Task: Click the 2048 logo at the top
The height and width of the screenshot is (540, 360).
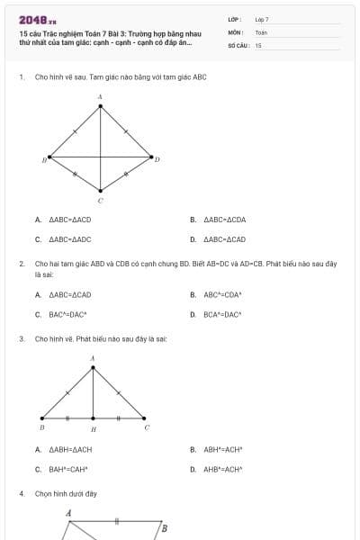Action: click(37, 19)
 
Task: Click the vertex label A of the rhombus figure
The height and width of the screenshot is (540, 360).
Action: click(100, 96)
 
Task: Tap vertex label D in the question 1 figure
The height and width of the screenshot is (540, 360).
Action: click(157, 159)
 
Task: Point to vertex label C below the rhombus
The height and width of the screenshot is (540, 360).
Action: click(100, 200)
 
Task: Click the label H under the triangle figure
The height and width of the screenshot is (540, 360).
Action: click(93, 430)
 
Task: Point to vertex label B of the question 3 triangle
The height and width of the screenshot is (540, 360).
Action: click(42, 427)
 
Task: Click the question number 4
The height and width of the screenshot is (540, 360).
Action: click(21, 493)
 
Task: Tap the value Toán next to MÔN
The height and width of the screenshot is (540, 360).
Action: click(261, 31)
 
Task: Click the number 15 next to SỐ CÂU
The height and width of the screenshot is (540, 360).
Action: click(258, 44)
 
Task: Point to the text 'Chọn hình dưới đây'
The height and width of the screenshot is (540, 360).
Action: click(66, 493)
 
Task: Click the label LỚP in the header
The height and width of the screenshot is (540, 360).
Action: click(235, 19)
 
